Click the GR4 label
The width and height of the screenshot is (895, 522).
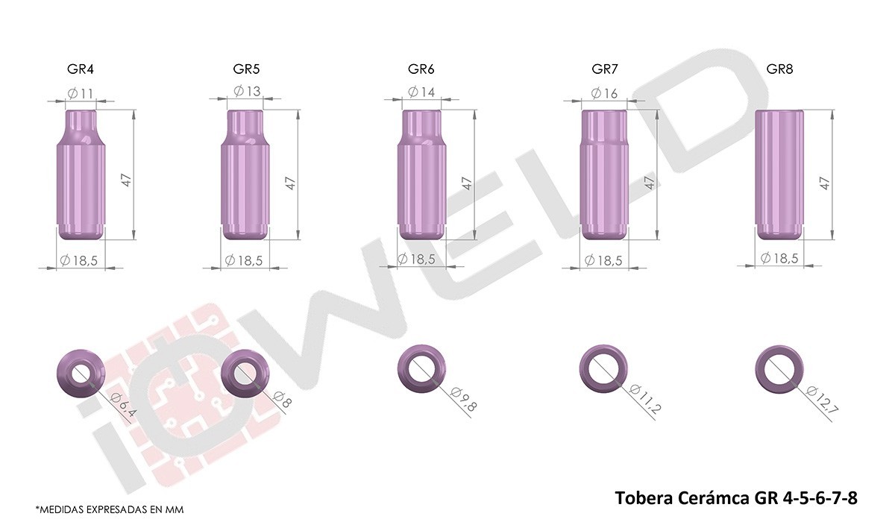point(81,69)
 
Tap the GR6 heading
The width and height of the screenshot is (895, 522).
point(421,69)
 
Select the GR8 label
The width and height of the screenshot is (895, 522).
point(779,69)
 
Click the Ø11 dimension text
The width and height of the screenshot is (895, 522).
point(81,94)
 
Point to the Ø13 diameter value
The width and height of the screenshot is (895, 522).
point(247,91)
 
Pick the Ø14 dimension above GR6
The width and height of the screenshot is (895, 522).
point(421,92)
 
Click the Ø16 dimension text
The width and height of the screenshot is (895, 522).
point(604,93)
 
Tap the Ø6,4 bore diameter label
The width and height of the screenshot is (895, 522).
point(122,405)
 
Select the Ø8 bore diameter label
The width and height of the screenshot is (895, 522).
point(282,400)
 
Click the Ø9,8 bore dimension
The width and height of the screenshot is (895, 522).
point(463,400)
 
